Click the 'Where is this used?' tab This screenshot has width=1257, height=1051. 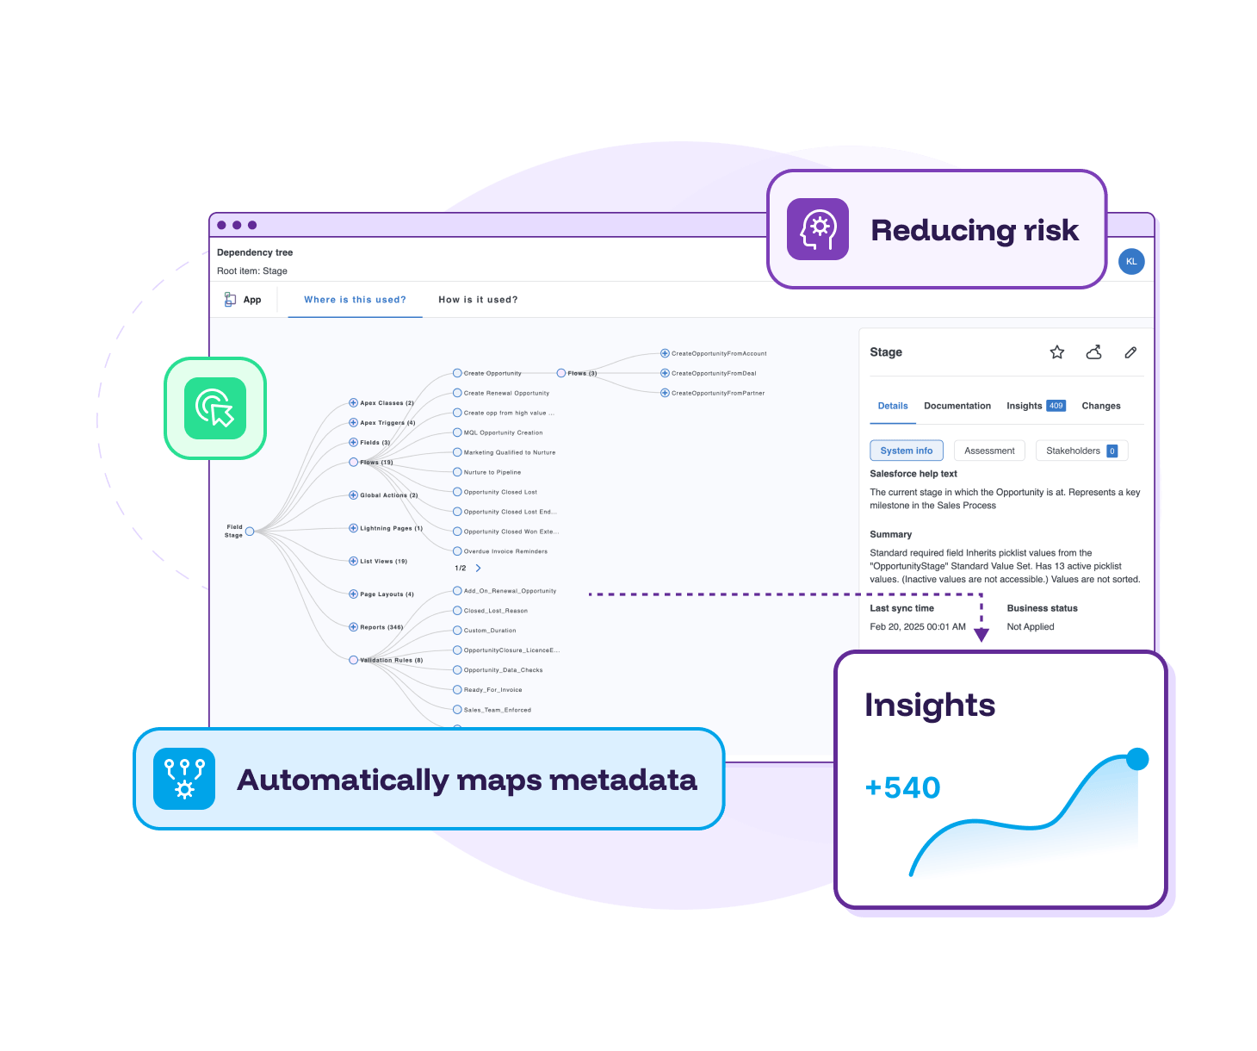(x=355, y=300)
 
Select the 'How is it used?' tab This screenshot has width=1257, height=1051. (x=478, y=300)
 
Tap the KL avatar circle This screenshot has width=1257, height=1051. (x=1131, y=262)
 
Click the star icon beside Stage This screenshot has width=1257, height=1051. (x=1057, y=352)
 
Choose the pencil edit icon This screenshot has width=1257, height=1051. (x=1130, y=352)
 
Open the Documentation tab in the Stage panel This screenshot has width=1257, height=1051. (x=957, y=406)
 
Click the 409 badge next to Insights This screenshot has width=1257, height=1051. (x=1056, y=406)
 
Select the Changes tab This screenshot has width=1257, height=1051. (x=1100, y=406)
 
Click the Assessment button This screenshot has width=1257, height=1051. (x=989, y=451)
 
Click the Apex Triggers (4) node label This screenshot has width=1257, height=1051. (x=387, y=423)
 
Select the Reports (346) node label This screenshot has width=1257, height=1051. (x=381, y=627)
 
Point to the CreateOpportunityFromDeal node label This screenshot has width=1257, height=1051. (x=714, y=374)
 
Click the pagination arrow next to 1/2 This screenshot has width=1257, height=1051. (x=479, y=569)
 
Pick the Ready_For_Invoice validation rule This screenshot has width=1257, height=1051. (x=492, y=690)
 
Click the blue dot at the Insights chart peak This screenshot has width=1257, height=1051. (x=1137, y=759)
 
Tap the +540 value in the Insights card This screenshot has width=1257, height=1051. (x=902, y=787)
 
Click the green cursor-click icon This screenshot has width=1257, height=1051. (x=215, y=408)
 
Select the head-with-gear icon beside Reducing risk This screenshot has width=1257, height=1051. (x=818, y=229)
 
